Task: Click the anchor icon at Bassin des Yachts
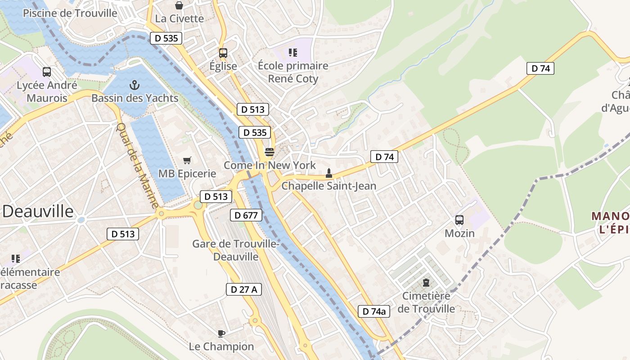pos(134,85)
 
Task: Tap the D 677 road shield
pos(246,216)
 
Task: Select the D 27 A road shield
pos(243,289)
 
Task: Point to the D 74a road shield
pos(374,311)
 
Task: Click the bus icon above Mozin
pos(459,220)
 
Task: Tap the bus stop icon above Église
pos(223,53)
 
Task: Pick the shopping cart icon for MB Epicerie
pos(187,160)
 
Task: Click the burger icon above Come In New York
pos(270,152)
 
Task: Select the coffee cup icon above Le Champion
pos(221,333)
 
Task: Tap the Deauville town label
pos(38,211)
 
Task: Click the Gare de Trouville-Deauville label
pos(236,250)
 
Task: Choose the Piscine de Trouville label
pos(70,13)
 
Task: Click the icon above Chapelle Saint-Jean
pos(329,173)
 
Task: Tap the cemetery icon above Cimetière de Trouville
pos(426,283)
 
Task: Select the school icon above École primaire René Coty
pos(293,53)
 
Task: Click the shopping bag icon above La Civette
pos(179,5)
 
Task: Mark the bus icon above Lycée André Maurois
pos(47,72)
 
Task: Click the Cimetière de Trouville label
pos(426,302)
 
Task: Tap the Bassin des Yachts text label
pos(135,98)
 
